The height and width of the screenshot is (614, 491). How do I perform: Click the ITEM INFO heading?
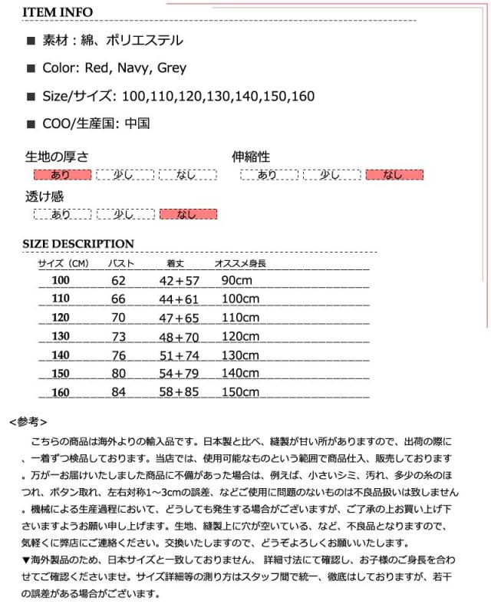[x=58, y=12]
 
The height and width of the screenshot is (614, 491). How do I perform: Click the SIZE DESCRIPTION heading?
[x=78, y=244]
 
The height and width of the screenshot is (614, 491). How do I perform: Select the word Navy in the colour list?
[x=133, y=68]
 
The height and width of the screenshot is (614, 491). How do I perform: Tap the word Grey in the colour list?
[x=172, y=68]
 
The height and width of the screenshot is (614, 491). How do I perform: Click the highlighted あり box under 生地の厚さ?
[x=61, y=175]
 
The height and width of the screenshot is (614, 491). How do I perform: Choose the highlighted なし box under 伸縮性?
[x=394, y=175]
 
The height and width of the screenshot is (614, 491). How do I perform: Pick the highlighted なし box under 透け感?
[x=188, y=214]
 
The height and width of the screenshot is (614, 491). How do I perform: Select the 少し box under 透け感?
[x=125, y=214]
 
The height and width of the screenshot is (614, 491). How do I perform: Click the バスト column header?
[x=120, y=263]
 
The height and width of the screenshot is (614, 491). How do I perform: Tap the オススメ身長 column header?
[x=240, y=263]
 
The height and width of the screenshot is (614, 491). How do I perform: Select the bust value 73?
[x=117, y=337]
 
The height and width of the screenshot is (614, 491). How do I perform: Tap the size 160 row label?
[x=61, y=392]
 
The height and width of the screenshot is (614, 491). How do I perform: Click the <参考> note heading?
[x=28, y=422]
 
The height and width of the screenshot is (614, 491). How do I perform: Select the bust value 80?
[x=117, y=374]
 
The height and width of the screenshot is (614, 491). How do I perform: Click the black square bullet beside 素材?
[x=31, y=41]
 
